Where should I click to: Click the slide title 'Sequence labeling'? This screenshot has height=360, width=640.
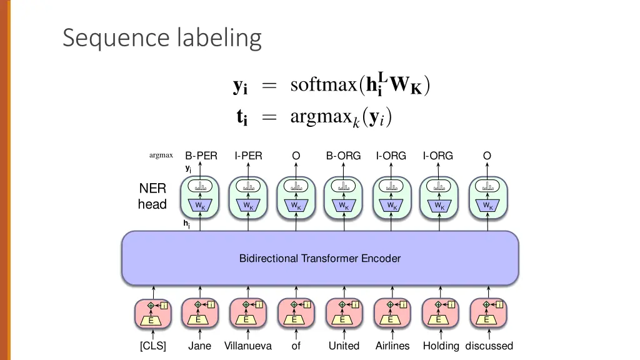pyautogui.click(x=162, y=38)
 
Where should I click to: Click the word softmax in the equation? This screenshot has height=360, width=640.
pyautogui.click(x=323, y=85)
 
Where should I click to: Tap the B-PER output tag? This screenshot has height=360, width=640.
pyautogui.click(x=201, y=156)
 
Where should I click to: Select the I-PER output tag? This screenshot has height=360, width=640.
pyautogui.click(x=248, y=156)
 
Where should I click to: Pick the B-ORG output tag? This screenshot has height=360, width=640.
pyautogui.click(x=343, y=156)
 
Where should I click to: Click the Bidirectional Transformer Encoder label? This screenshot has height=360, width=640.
pyautogui.click(x=320, y=258)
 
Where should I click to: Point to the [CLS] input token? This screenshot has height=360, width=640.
pyautogui.click(x=153, y=346)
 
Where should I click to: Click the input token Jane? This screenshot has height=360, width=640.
pyautogui.click(x=200, y=346)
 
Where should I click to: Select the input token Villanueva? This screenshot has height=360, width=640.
pyautogui.click(x=248, y=346)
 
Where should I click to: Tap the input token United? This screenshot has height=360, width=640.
pyautogui.click(x=344, y=346)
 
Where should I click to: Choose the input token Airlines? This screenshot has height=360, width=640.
pyautogui.click(x=392, y=346)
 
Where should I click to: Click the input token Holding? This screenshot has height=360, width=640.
pyautogui.click(x=441, y=346)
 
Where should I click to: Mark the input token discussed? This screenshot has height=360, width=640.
pyautogui.click(x=489, y=346)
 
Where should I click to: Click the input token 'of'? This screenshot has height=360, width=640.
pyautogui.click(x=296, y=346)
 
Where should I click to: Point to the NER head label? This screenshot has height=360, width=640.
pyautogui.click(x=152, y=196)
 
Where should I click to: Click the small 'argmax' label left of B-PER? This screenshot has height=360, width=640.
pyautogui.click(x=161, y=156)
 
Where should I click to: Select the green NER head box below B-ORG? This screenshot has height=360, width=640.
pyautogui.click(x=343, y=197)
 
